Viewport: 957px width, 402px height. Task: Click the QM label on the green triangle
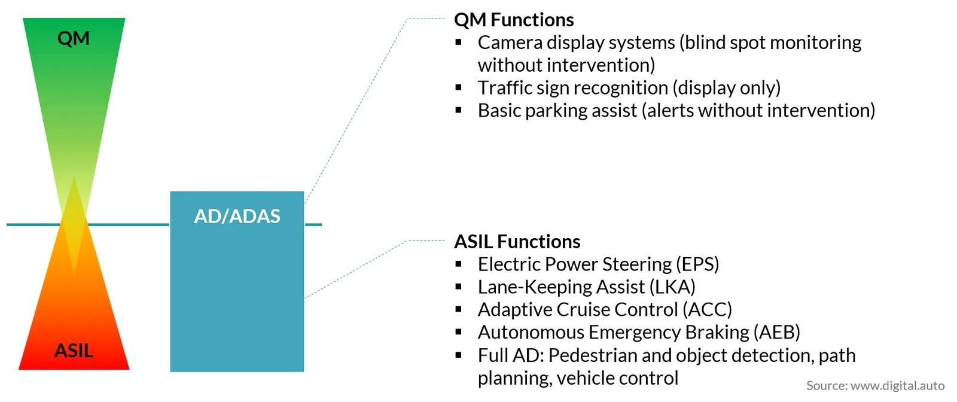tap(74, 38)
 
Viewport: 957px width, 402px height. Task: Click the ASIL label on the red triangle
tap(74, 351)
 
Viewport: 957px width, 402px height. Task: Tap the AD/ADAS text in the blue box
tap(237, 216)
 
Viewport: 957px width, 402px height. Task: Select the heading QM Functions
tap(514, 20)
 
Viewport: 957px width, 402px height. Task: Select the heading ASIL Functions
tap(517, 242)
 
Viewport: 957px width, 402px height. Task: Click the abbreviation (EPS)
tap(697, 264)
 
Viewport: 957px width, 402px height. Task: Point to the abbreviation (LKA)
tap(672, 287)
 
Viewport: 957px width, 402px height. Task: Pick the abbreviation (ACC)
tap(707, 310)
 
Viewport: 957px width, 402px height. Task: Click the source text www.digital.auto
tap(898, 386)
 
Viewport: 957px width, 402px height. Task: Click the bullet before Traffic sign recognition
tap(459, 87)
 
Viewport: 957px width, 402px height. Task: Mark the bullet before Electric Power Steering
tap(459, 264)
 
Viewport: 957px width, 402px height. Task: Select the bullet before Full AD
tap(459, 355)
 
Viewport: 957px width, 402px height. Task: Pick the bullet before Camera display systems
tap(459, 42)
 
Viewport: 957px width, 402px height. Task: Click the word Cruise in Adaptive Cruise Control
tap(581, 310)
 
